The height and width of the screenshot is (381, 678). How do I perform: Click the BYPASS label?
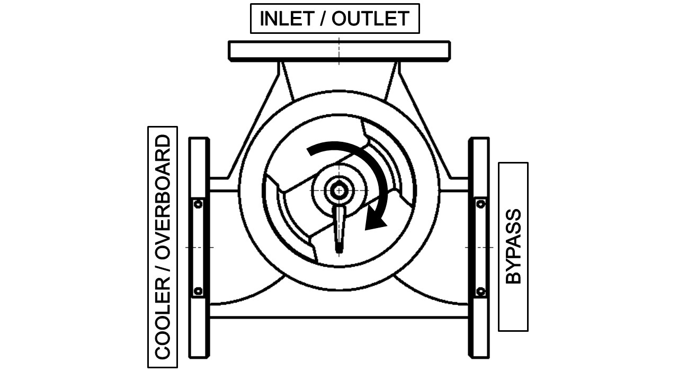coord(513,247)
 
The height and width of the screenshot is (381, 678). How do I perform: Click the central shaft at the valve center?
coord(337,190)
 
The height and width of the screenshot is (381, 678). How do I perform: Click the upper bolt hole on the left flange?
coord(198,204)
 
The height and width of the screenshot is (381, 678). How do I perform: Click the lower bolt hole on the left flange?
coord(198,291)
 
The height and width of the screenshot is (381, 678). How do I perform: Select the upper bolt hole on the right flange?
coord(480,204)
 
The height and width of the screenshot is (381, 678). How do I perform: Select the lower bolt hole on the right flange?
coord(480,291)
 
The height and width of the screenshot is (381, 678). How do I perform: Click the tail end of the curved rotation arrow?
coord(310,152)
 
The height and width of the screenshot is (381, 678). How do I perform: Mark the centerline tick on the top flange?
coord(339,50)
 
